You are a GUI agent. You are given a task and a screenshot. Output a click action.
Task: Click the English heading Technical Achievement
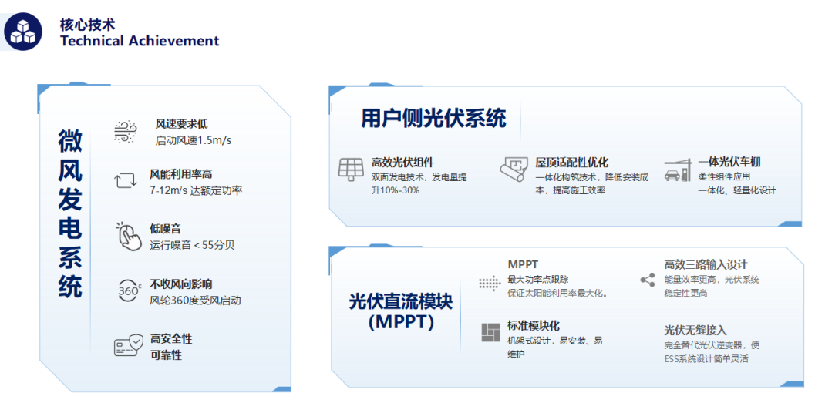coord(140,41)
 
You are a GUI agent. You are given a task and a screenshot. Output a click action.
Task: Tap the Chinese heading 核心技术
coord(87,24)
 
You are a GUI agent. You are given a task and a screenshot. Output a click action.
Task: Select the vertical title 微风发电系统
coord(69,213)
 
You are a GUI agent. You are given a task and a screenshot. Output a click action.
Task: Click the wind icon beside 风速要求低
coord(125,132)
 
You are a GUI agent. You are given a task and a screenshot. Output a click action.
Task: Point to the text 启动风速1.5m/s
coord(194,141)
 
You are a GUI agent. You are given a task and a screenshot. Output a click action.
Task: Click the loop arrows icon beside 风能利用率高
coord(125,181)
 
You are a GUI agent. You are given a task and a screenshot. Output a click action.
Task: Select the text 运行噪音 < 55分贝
coord(192,245)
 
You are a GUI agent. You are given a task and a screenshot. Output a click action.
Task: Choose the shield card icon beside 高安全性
coord(128,345)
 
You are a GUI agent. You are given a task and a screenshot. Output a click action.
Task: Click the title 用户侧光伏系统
coord(433,119)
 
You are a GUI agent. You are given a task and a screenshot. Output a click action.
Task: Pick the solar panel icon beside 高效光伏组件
coord(352,169)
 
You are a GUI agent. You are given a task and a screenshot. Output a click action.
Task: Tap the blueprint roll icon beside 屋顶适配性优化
coord(514,170)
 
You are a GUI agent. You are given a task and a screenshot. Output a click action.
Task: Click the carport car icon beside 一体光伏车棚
coord(677,170)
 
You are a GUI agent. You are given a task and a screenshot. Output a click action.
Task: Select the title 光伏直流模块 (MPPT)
coord(401,311)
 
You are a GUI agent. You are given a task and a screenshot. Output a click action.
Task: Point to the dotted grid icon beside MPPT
coord(489,284)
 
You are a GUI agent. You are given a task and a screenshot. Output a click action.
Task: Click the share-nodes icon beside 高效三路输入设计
coord(647,280)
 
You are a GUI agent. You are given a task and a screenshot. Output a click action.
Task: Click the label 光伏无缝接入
coord(695,331)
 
